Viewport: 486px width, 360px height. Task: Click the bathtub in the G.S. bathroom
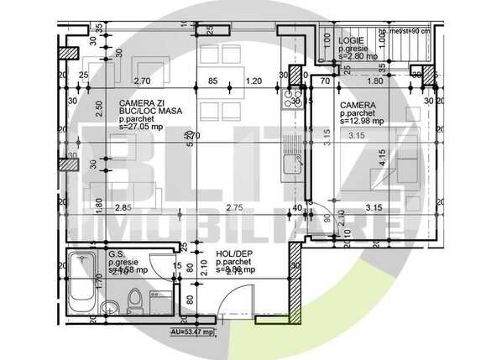[83, 286]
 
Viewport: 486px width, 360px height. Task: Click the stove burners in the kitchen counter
[292, 100]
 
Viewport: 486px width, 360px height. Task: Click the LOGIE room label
[351, 41]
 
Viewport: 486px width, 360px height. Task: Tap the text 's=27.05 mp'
[123, 131]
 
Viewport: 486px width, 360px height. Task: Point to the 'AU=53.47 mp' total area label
[191, 332]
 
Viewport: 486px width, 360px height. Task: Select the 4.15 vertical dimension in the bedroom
[381, 157]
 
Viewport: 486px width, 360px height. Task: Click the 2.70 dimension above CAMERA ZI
[143, 81]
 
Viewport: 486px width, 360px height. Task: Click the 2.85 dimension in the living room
[122, 207]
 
